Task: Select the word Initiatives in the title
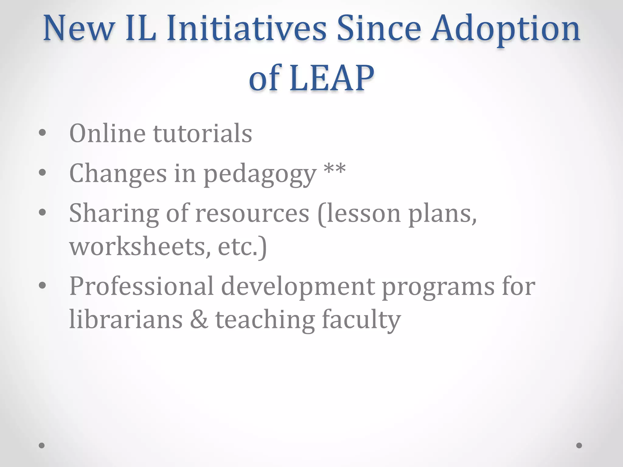(x=246, y=29)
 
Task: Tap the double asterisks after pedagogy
(x=335, y=169)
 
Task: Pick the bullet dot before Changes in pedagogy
(x=42, y=172)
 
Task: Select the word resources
(x=252, y=213)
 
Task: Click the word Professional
(x=141, y=286)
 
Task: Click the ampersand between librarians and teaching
(x=199, y=319)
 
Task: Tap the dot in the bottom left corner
(x=42, y=445)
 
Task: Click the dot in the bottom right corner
(x=579, y=445)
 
